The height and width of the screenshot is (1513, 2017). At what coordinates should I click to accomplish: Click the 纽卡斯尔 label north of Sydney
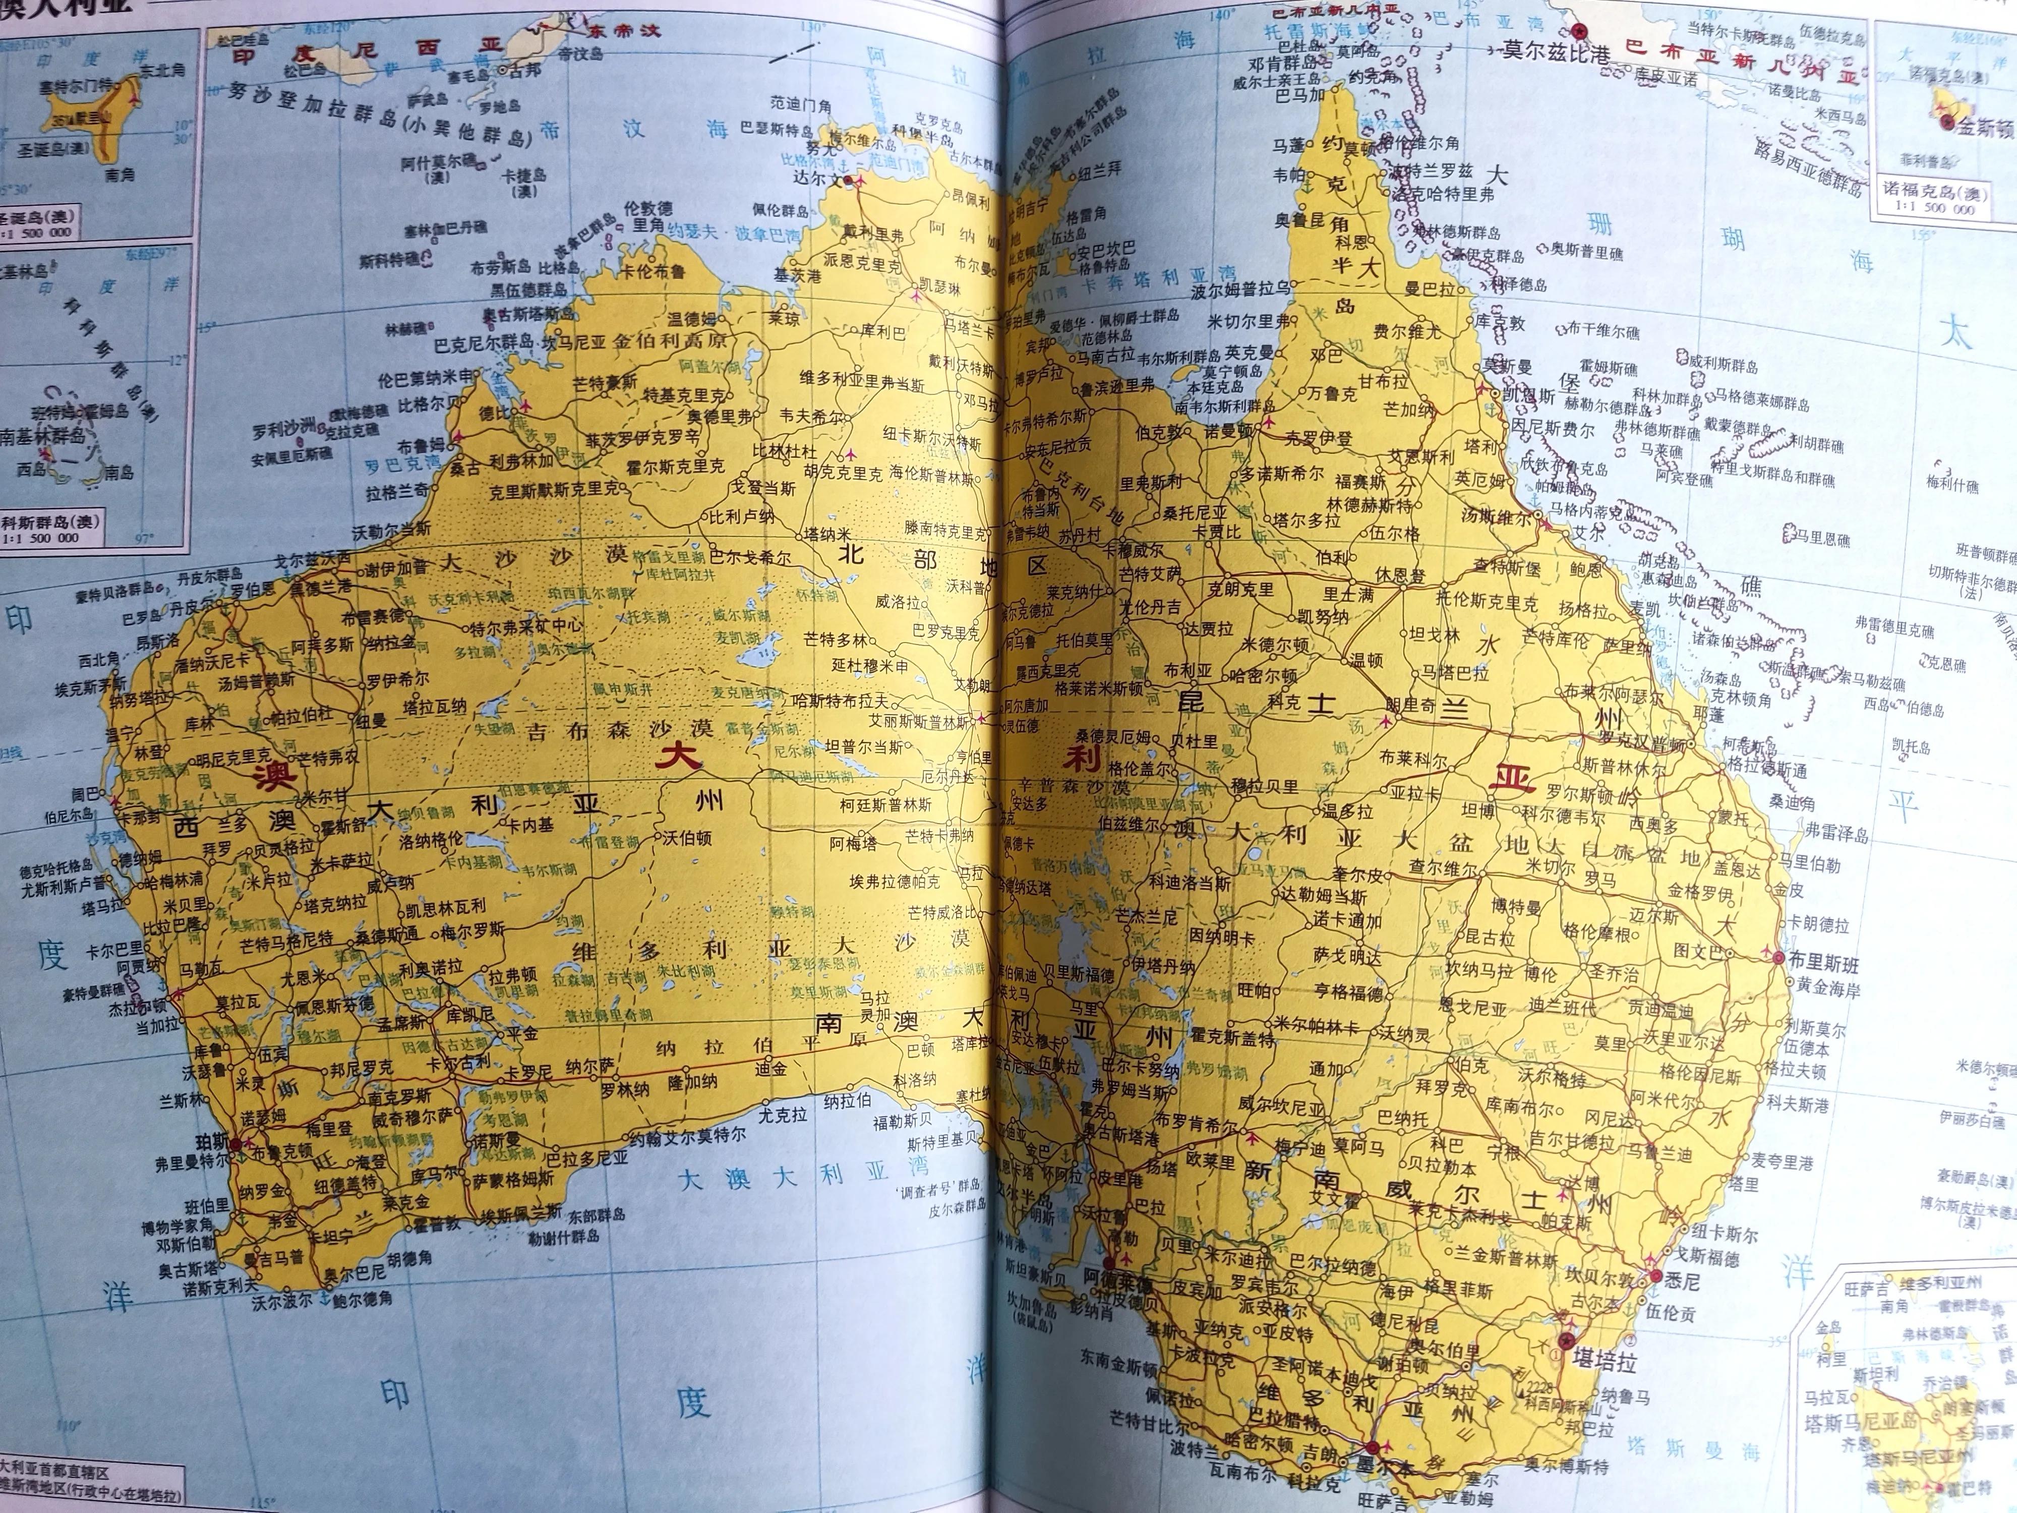click(x=1715, y=1235)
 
